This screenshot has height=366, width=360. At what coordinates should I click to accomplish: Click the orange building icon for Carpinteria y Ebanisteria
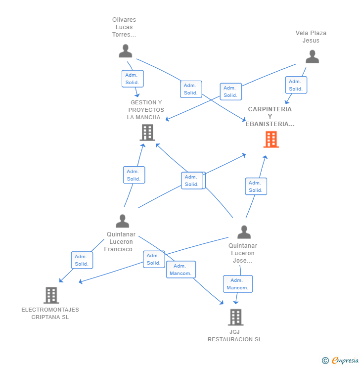click(x=271, y=139)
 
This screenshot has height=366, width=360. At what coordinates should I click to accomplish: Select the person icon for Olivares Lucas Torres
click(x=126, y=51)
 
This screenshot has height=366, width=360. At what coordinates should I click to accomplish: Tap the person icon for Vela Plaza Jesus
click(x=312, y=57)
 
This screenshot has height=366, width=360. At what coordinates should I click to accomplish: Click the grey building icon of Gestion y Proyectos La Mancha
click(x=147, y=133)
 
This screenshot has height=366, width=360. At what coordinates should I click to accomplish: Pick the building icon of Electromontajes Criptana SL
click(x=51, y=295)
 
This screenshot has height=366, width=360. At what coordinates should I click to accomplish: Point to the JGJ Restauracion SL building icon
click(x=236, y=317)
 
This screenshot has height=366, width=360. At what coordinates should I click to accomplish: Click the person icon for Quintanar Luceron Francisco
click(x=123, y=221)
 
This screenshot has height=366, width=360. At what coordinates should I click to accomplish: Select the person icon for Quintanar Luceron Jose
click(x=244, y=232)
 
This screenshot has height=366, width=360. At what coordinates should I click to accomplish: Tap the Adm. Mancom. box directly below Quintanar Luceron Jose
click(x=238, y=284)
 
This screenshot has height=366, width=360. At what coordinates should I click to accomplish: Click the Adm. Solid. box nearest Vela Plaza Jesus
click(x=296, y=85)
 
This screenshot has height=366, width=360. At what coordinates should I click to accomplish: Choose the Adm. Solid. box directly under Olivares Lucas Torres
click(x=133, y=79)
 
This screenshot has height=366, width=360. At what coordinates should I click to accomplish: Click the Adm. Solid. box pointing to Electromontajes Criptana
click(x=82, y=260)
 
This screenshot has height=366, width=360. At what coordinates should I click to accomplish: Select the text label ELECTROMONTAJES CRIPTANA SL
click(x=50, y=313)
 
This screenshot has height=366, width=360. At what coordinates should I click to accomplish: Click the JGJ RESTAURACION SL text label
click(x=234, y=335)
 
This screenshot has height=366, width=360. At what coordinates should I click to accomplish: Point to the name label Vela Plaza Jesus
click(x=311, y=37)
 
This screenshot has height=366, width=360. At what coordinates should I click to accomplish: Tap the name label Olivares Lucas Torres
click(x=124, y=27)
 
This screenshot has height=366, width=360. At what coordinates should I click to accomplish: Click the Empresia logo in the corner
click(x=340, y=361)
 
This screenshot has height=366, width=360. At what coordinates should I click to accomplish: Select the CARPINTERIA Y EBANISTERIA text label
click(x=270, y=116)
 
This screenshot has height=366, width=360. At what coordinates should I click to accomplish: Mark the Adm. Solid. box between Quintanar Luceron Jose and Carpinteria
click(x=256, y=186)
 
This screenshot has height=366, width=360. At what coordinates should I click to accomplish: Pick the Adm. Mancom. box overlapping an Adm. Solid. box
click(x=181, y=270)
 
